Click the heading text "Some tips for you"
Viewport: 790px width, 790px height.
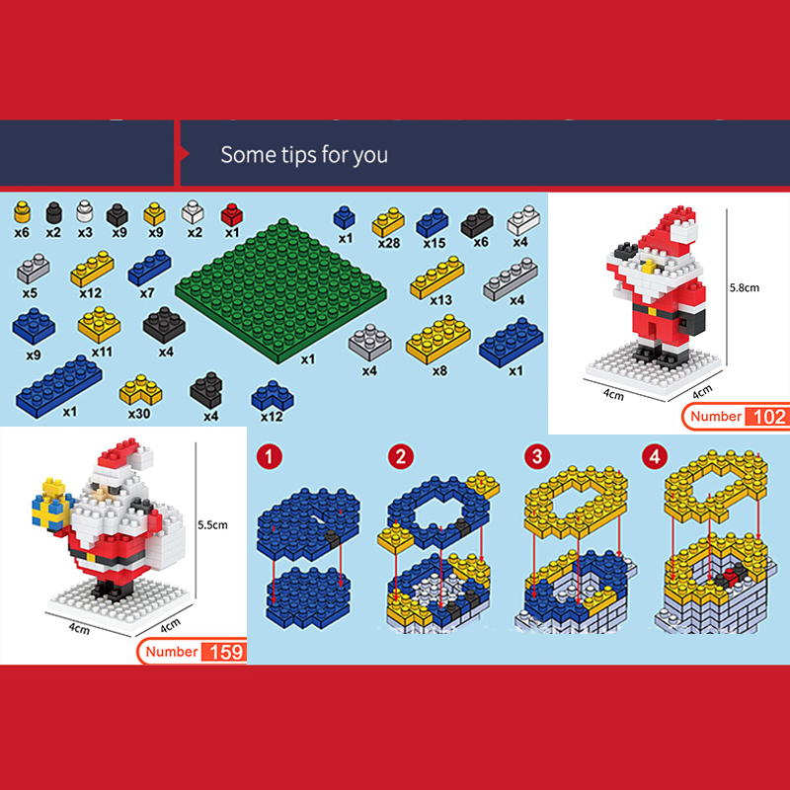[304, 155]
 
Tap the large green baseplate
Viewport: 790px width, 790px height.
[281, 290]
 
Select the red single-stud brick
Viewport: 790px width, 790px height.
[232, 214]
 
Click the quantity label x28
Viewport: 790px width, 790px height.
[389, 243]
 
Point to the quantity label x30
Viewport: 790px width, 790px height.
[139, 414]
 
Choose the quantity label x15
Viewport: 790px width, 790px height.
[434, 243]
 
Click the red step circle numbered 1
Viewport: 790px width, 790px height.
[269, 457]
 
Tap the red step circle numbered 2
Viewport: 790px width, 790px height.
[401, 457]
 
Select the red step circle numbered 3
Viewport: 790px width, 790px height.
[537, 457]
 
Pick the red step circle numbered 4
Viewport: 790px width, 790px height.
[655, 457]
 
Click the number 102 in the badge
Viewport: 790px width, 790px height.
[769, 417]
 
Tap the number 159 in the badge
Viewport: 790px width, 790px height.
[226, 652]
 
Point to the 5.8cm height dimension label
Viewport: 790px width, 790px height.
[745, 287]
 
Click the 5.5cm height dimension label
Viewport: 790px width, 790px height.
[212, 525]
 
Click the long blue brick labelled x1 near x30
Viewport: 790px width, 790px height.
[59, 386]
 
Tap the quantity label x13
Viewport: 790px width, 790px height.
[440, 300]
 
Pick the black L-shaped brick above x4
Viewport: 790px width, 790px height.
[205, 390]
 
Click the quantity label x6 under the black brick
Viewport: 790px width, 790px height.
[481, 242]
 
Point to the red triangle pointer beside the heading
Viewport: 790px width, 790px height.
[185, 154]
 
